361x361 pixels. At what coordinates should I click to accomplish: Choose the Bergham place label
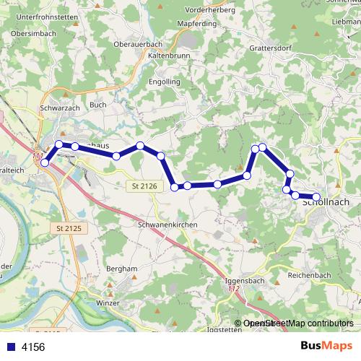[x=121, y=268]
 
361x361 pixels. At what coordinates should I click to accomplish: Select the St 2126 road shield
[x=144, y=186]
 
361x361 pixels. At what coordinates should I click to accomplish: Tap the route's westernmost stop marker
[x=45, y=163]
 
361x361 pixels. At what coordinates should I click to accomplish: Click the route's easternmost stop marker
[x=316, y=197]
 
